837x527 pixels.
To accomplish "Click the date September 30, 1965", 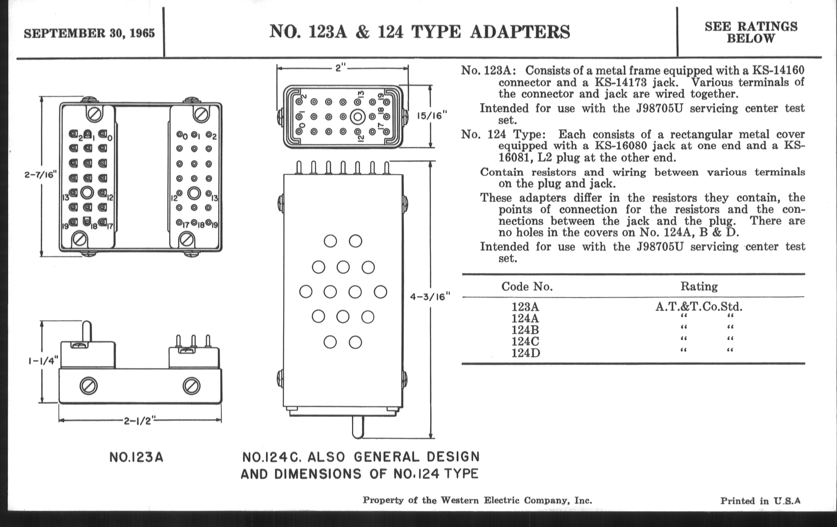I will coord(89,33).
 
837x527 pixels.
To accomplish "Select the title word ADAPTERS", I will coord(520,32).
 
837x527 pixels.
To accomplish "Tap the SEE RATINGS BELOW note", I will coord(751,32).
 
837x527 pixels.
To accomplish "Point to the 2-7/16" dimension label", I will coord(40,175).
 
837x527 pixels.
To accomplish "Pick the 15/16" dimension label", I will coord(432,115).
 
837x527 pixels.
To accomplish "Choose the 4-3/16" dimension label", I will coord(430,297).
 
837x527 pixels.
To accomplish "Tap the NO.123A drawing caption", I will coord(136,457).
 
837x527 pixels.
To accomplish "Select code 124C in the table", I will coord(525,341).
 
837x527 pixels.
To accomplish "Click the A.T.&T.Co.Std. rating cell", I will coord(699,307).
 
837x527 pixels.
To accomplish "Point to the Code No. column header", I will coord(527,287).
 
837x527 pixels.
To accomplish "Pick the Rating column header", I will coord(699,287).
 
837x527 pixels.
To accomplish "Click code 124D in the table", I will coord(526,353).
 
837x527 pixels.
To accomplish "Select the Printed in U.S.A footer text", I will coord(760,501).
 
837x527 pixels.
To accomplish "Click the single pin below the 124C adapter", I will coord(358,427).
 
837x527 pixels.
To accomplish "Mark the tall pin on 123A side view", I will coord(86,331).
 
